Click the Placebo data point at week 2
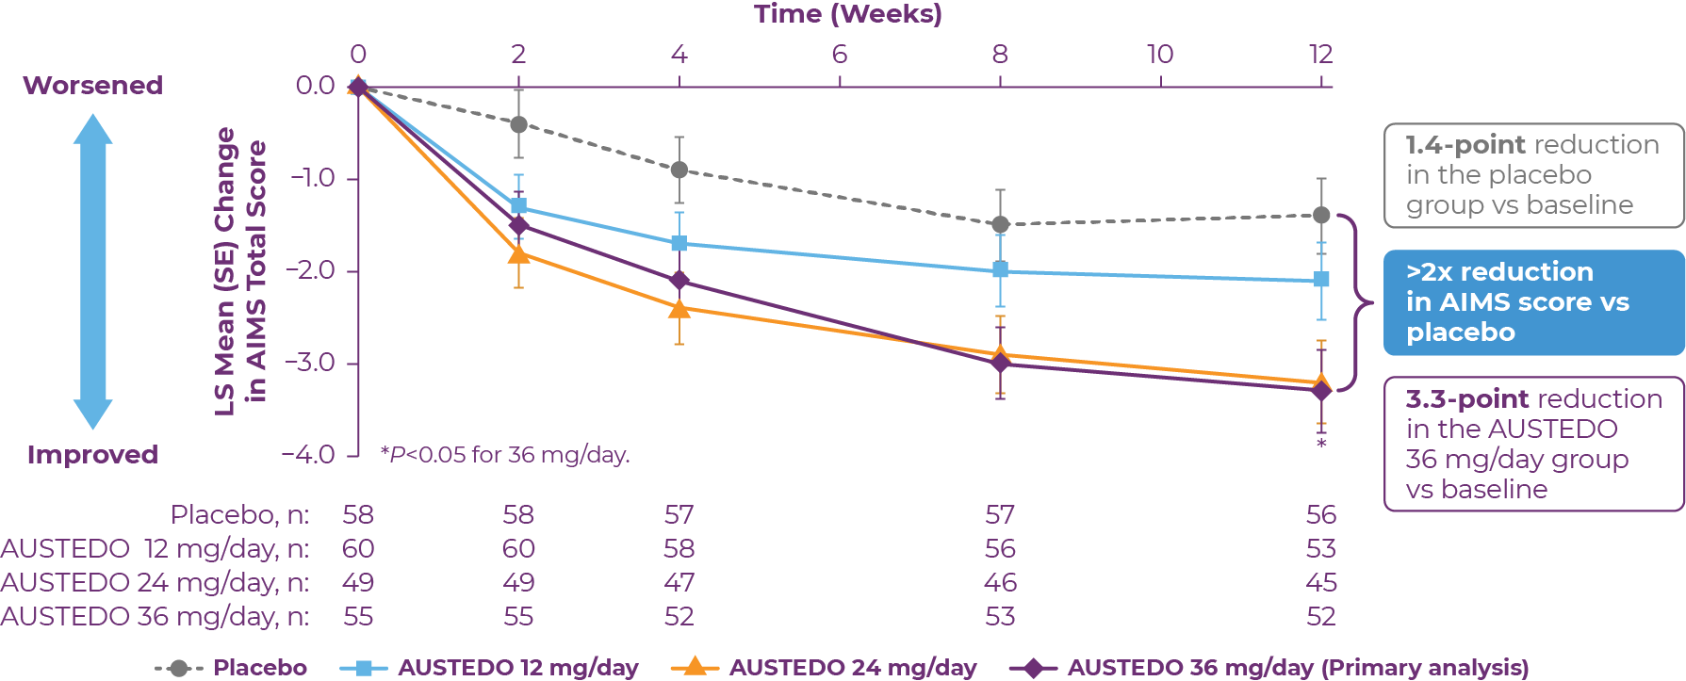click(x=518, y=124)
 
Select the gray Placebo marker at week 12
click(x=1321, y=215)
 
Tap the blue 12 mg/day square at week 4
click(x=679, y=244)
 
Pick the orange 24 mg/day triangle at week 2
click(x=518, y=254)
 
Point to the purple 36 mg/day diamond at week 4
click(x=679, y=281)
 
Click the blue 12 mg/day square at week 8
click(x=1000, y=270)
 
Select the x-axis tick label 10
click(x=1160, y=55)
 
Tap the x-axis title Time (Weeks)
click(x=847, y=14)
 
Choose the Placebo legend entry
click(x=232, y=668)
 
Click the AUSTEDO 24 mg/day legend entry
click(x=825, y=668)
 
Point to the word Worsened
click(x=92, y=86)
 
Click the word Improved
click(x=92, y=455)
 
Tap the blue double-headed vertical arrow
click(x=92, y=271)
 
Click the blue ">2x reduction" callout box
click(x=1533, y=302)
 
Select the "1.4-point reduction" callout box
click(x=1533, y=175)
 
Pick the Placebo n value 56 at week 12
click(x=1321, y=515)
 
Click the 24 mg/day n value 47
click(x=679, y=583)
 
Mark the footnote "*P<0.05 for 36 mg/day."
click(x=505, y=455)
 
